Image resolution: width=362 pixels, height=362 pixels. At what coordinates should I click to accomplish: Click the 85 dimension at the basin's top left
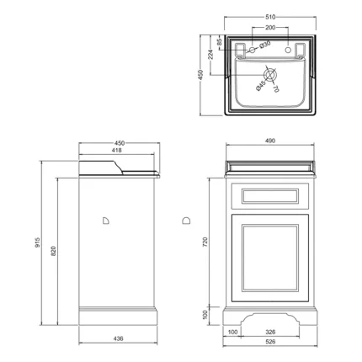219,41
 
